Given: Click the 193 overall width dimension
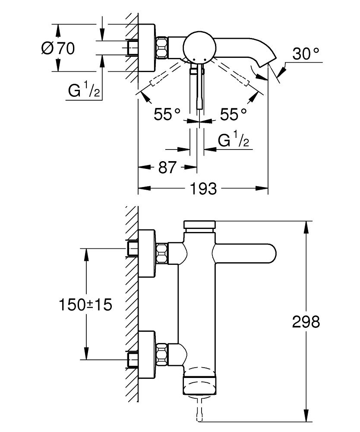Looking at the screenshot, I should pos(203,188).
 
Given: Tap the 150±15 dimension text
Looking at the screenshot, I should pos(85,305).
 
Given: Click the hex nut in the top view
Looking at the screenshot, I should pos(162,47).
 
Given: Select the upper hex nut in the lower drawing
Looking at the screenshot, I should pos(162,253).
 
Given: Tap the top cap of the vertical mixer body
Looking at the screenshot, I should pos(199,225).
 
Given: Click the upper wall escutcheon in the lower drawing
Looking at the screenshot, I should pos(147,253).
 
